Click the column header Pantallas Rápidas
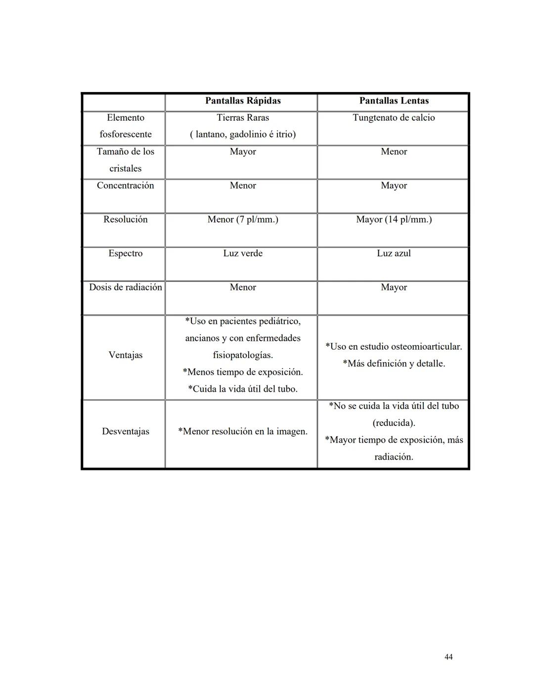click(x=243, y=101)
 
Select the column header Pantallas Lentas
click(x=394, y=101)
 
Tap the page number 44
click(x=448, y=657)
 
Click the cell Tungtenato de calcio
click(x=394, y=118)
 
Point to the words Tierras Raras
click(x=243, y=118)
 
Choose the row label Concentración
click(x=125, y=185)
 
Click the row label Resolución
click(x=125, y=220)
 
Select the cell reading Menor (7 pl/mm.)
click(x=243, y=220)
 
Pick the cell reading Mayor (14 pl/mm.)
click(x=394, y=220)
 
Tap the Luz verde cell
click(x=243, y=253)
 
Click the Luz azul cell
click(x=394, y=253)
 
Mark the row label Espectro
click(x=125, y=253)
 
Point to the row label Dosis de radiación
click(x=125, y=287)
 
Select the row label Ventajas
click(x=125, y=355)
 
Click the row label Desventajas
click(x=125, y=431)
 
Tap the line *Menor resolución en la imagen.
click(x=243, y=431)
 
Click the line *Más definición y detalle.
click(x=394, y=364)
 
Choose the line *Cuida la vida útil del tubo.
click(x=243, y=389)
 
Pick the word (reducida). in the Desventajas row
click(x=394, y=423)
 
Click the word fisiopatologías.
click(x=243, y=355)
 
